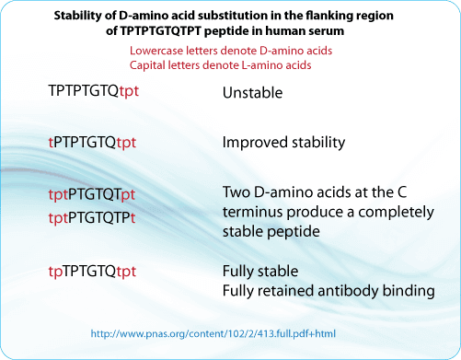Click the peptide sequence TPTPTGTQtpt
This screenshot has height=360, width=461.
click(x=95, y=93)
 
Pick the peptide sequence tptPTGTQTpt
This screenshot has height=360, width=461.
click(x=92, y=195)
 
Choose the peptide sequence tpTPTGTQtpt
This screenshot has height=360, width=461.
click(x=94, y=271)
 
